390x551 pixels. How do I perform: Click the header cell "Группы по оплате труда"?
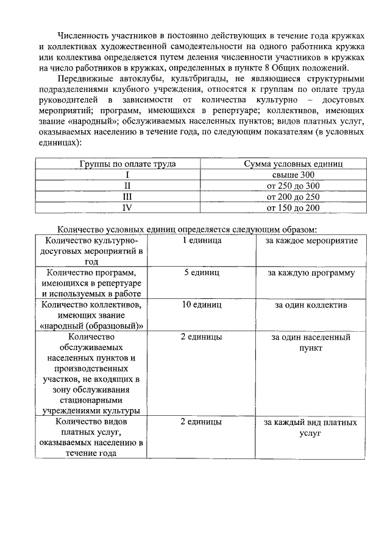click(x=128, y=164)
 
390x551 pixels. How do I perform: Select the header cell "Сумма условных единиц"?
click(x=294, y=164)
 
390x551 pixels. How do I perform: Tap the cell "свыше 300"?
click(x=294, y=175)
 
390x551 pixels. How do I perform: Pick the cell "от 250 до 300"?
click(x=294, y=186)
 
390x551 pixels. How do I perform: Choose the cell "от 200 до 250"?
click(x=294, y=197)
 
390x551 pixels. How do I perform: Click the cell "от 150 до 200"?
click(x=294, y=208)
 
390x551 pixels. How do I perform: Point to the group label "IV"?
click(x=128, y=208)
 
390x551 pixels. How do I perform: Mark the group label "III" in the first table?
click(x=128, y=197)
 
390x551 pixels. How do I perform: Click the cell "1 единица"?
click(x=201, y=240)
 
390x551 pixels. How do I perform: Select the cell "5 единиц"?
click(x=201, y=273)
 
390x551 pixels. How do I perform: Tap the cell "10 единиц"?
click(x=201, y=305)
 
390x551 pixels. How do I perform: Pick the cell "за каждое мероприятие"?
click(x=311, y=240)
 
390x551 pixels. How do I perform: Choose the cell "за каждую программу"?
click(x=311, y=273)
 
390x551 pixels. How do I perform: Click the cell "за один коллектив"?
click(x=311, y=305)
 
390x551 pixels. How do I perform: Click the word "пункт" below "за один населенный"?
click(x=311, y=348)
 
